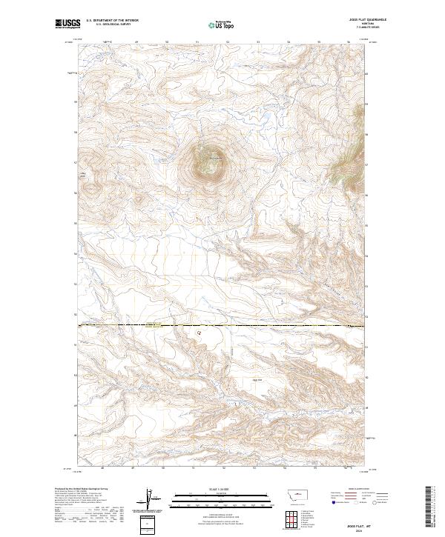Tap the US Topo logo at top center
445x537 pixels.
pyautogui.click(x=223, y=24)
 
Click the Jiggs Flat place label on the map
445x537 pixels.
pyautogui.click(x=258, y=379)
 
